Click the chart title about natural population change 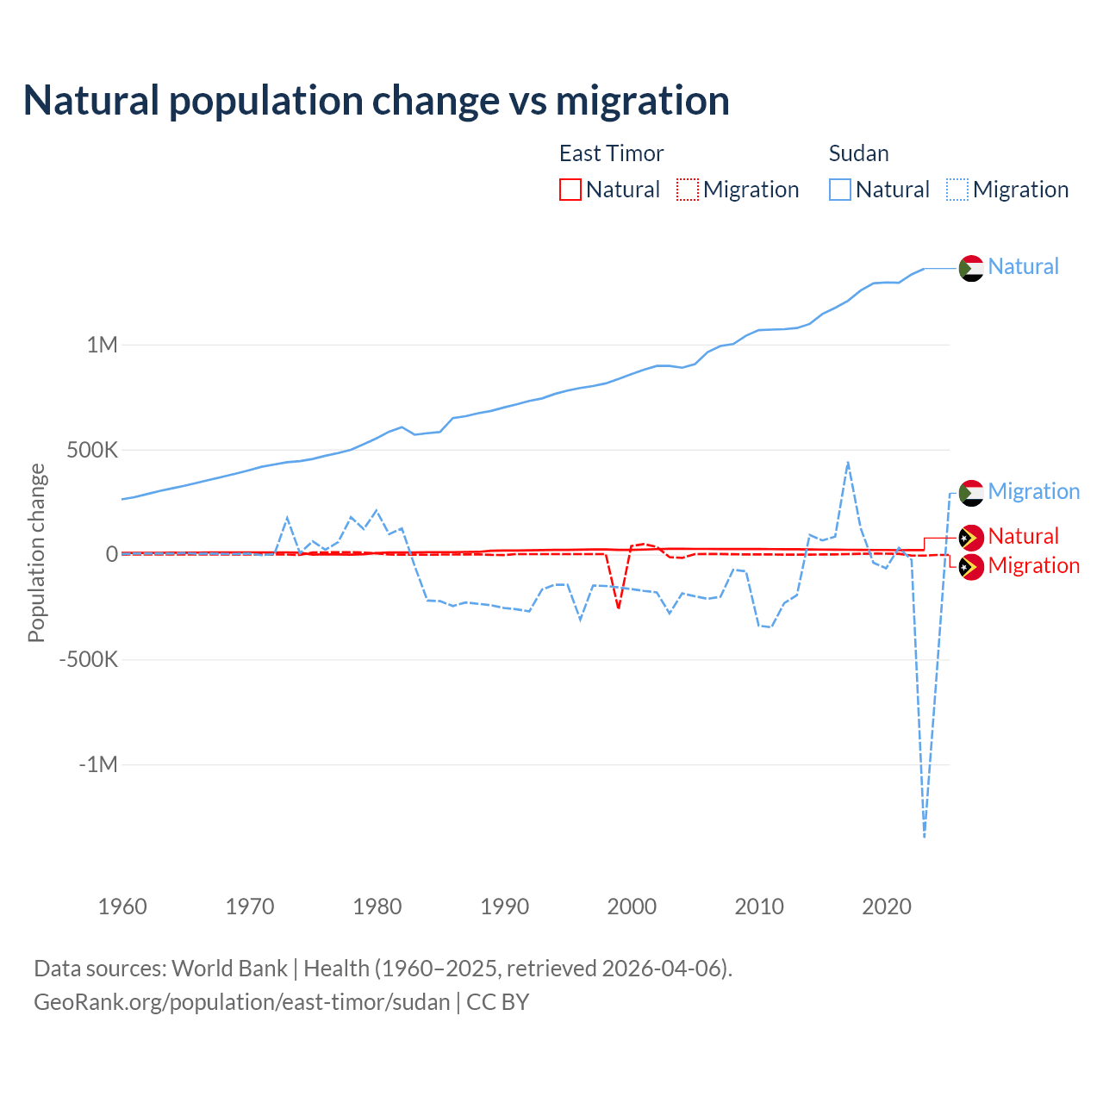pos(377,101)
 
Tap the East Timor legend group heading pos(611,153)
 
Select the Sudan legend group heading pos(858,153)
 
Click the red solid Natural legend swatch pos(570,190)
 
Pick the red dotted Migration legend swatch pos(688,190)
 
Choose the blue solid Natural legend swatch pos(840,190)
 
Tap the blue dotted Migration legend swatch pos(957,190)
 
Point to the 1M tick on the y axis pos(102,345)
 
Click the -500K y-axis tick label pos(88,660)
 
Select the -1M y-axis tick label pos(97,764)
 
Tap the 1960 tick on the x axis pos(122,907)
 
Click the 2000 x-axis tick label pos(632,907)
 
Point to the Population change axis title pos(36,552)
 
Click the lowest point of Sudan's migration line pos(925,836)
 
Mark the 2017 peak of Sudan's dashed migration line pos(848,463)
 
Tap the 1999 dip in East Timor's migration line pos(619,608)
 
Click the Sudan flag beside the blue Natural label pos(971,268)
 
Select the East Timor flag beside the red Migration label pos(971,567)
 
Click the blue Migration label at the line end pos(1033,491)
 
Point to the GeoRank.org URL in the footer pos(242,1002)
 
